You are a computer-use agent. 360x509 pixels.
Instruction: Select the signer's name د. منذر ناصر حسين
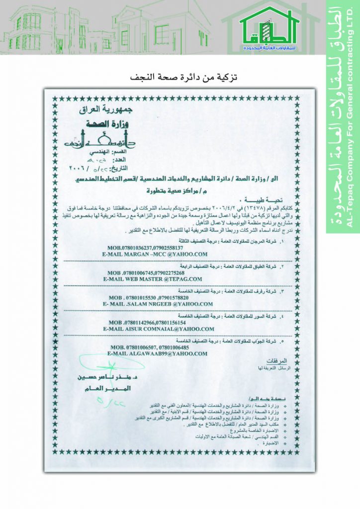[103, 379]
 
